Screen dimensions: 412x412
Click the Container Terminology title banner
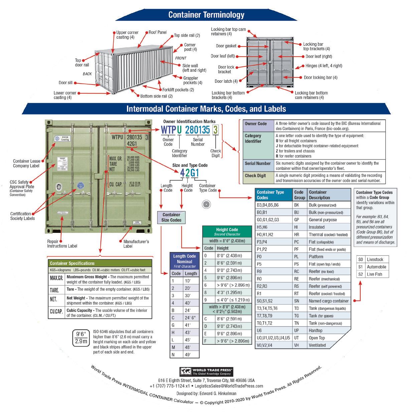[206, 15]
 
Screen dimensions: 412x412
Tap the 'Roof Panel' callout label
[157, 32]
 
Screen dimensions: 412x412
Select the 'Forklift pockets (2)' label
[178, 90]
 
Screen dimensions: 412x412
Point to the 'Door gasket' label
[226, 46]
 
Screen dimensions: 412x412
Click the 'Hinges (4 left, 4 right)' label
[324, 66]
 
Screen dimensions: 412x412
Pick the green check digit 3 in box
[216, 130]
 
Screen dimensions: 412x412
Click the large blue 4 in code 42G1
[182, 173]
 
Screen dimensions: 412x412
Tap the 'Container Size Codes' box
[171, 218]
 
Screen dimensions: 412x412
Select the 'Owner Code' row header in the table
[256, 124]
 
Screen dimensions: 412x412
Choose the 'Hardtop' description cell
[315, 330]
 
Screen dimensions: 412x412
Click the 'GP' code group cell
[296, 220]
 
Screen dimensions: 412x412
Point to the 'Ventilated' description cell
[317, 345]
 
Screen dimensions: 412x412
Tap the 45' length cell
[188, 340]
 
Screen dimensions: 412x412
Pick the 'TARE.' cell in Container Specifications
[54, 290]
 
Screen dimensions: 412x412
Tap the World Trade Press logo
[206, 372]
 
